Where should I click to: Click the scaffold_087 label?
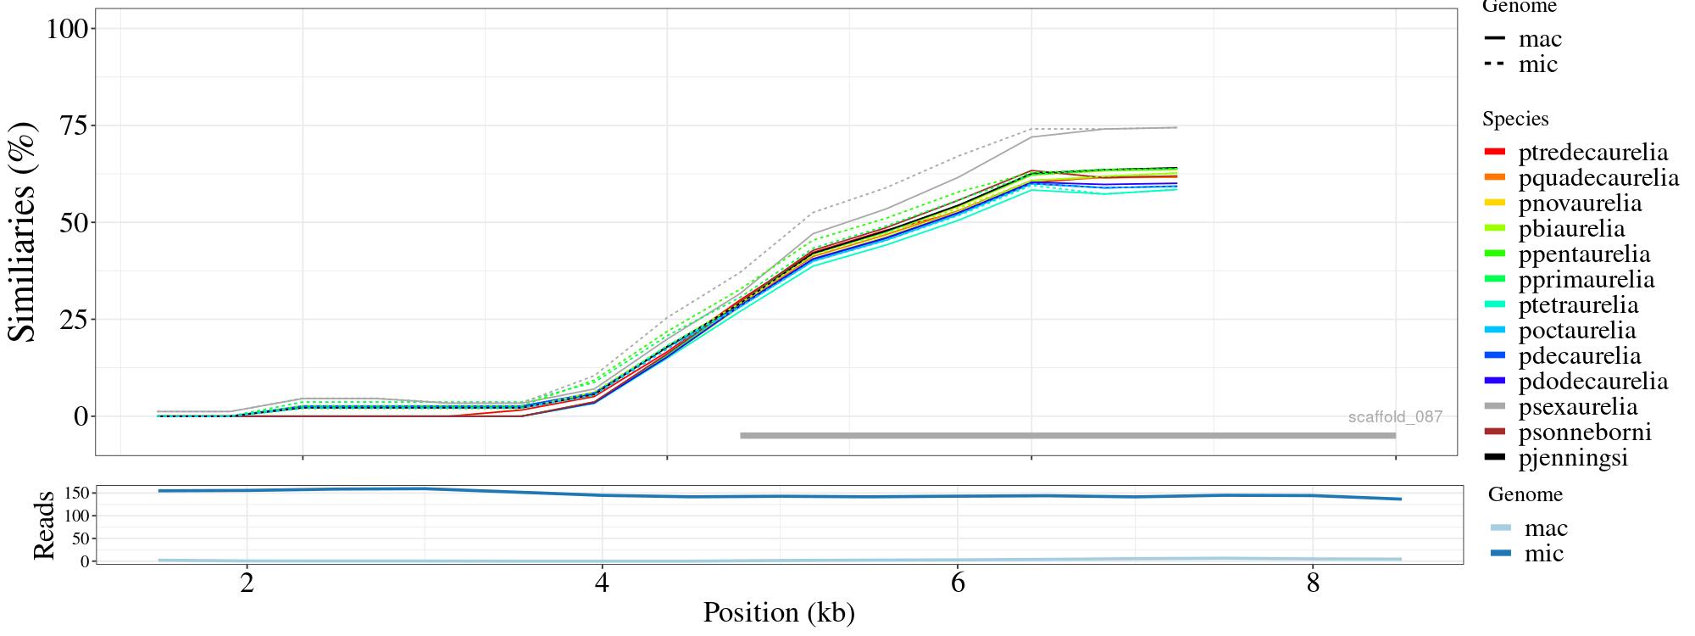coord(1395,417)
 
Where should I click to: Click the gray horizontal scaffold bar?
coord(1068,436)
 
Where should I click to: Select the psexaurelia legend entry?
coord(1577,407)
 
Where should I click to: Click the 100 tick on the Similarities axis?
coord(67,29)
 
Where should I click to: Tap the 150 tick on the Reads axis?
coord(77,493)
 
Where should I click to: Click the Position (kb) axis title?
coord(779,612)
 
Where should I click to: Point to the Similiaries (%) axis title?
coord(23,231)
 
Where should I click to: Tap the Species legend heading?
coord(1515,119)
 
